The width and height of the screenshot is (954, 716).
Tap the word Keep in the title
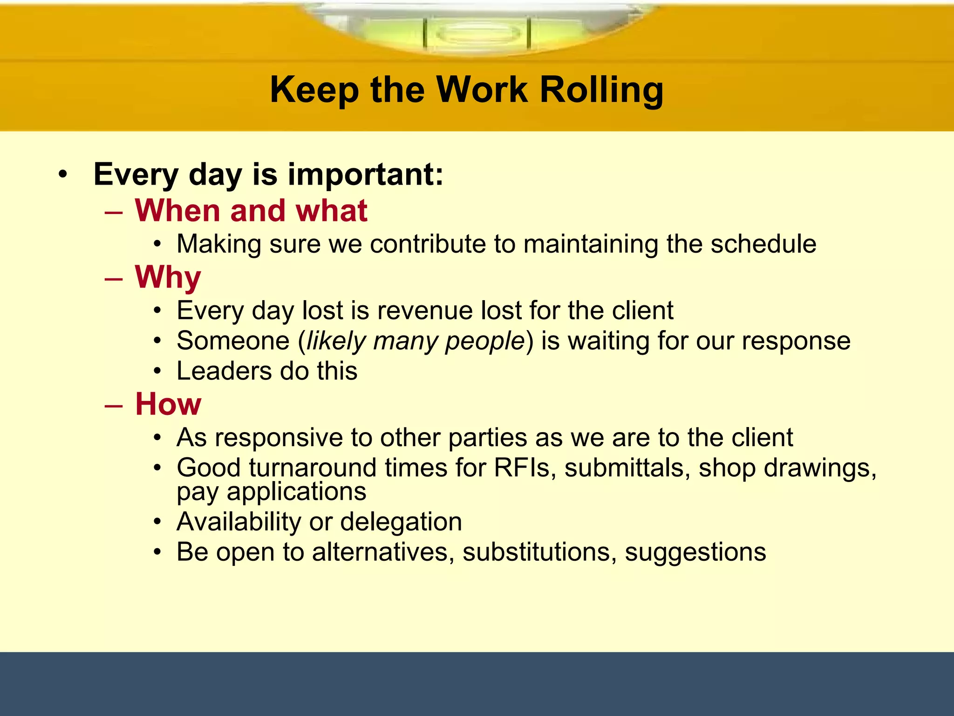pyautogui.click(x=314, y=90)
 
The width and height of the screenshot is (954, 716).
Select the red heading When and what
pyautogui.click(x=251, y=211)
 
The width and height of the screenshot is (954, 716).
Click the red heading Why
pyautogui.click(x=168, y=278)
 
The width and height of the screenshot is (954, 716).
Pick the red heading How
pyautogui.click(x=168, y=404)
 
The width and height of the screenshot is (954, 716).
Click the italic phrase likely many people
pyautogui.click(x=416, y=341)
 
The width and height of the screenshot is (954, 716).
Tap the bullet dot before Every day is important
pyautogui.click(x=63, y=176)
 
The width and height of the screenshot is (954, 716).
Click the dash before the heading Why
pyautogui.click(x=114, y=279)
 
